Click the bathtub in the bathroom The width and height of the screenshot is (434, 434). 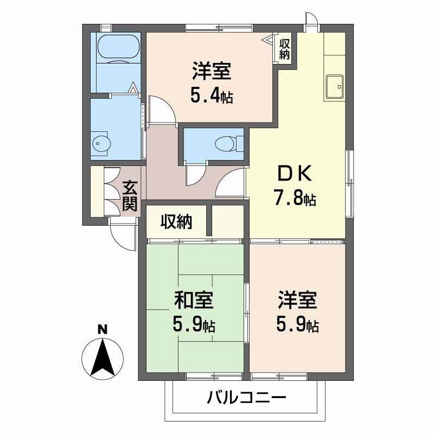click(119, 48)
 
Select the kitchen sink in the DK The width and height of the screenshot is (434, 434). click(335, 87)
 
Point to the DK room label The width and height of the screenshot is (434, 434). click(295, 173)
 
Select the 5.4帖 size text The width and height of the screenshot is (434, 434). click(212, 96)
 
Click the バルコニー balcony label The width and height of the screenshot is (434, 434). click(246, 398)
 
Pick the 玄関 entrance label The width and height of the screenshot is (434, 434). click(130, 196)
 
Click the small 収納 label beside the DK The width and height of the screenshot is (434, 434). click(284, 49)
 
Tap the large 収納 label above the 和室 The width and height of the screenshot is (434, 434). click(177, 222)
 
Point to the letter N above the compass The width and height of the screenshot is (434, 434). click(103, 329)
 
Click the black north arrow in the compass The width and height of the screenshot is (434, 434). click(103, 358)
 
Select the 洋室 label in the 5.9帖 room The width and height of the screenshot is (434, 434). click(297, 300)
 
